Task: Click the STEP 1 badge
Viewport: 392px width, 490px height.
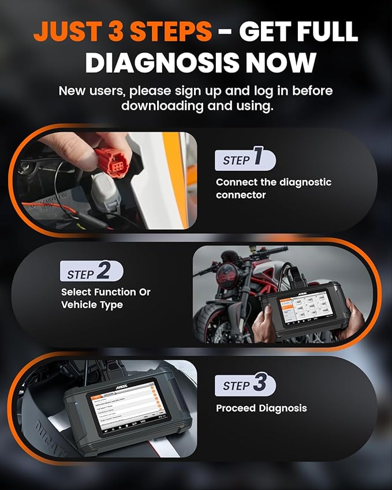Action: [x=244, y=159]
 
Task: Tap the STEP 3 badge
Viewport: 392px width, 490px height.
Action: [x=245, y=385]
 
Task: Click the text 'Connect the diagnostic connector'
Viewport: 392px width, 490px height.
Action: [x=274, y=188]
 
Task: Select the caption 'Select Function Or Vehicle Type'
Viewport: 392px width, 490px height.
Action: [x=106, y=298]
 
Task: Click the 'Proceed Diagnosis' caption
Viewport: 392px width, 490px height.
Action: [x=261, y=408]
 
